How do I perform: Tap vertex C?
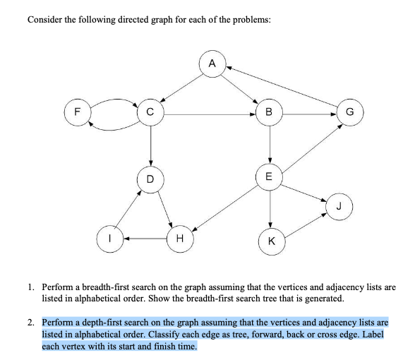pos(149,112)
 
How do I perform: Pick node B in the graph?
pos(269,112)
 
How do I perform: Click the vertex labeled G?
pos(351,112)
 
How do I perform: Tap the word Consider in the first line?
pos(45,19)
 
